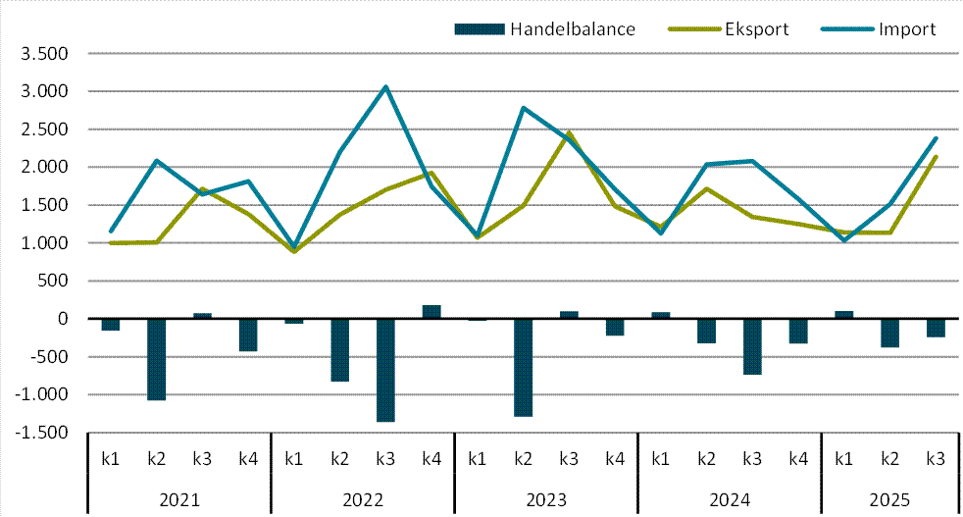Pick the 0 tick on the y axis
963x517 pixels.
(x=62, y=319)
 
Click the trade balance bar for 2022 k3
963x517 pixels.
(x=385, y=370)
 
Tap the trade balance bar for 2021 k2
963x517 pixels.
(x=156, y=359)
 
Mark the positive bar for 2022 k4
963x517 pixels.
(x=431, y=312)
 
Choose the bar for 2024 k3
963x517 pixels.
(x=752, y=346)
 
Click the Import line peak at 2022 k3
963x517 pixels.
(x=385, y=86)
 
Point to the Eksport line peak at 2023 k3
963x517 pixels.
(x=569, y=132)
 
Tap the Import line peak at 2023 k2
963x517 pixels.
(x=523, y=108)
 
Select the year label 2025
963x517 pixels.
(x=889, y=499)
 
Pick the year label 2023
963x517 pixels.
(x=545, y=499)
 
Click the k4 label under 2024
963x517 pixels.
(x=797, y=457)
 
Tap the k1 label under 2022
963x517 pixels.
(x=293, y=457)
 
